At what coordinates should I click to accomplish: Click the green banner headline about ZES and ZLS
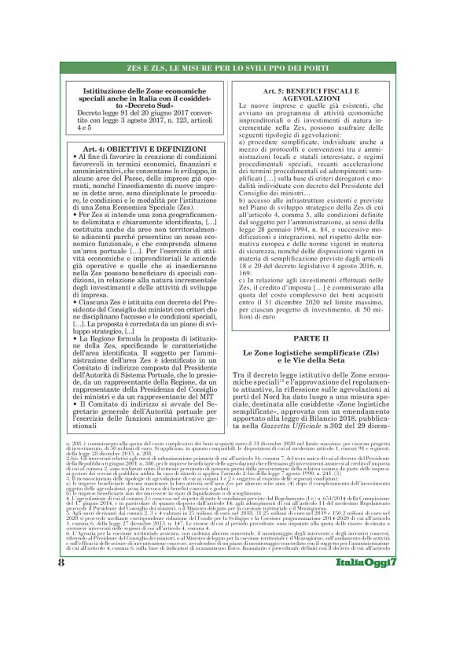(227, 70)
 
